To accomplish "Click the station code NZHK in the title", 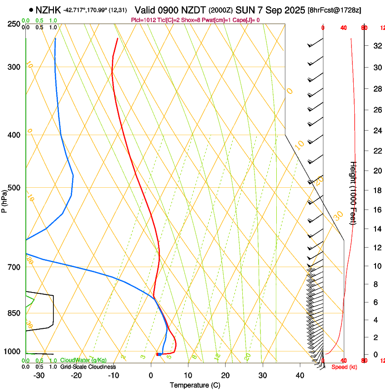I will [48, 10].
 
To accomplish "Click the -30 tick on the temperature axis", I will [39, 375].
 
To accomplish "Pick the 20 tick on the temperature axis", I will [225, 375].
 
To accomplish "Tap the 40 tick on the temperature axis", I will [300, 375].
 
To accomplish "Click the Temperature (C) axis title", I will [195, 385].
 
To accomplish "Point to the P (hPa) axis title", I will [5, 200].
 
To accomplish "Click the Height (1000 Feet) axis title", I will [354, 193].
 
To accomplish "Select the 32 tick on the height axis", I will [376, 46].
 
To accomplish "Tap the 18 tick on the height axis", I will [376, 190].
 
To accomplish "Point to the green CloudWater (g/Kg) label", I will [83, 360].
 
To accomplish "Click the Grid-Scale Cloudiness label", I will [88, 367].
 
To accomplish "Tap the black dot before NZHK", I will [31, 10].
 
